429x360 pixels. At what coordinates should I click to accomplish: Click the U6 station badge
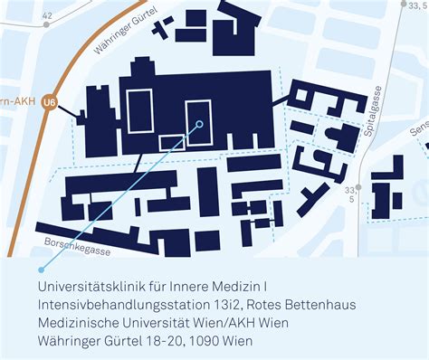[50, 102]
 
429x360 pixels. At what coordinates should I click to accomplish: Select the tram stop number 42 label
[47, 16]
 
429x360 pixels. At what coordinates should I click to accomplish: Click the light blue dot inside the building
[198, 125]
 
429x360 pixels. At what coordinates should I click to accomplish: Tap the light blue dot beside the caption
[41, 270]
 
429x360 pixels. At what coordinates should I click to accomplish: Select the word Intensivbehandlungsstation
[111, 303]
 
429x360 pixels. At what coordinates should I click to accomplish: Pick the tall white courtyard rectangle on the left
[140, 111]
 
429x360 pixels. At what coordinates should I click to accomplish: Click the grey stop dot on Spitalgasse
[358, 187]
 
